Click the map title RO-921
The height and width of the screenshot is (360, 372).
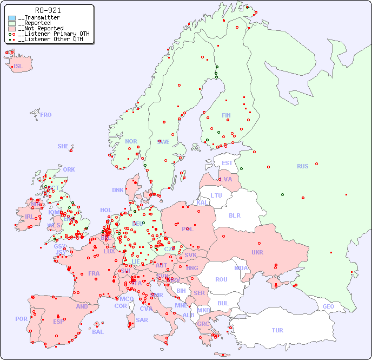point(48,10)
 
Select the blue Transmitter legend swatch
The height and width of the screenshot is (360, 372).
point(12,18)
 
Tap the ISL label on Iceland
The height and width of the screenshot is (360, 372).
point(18,67)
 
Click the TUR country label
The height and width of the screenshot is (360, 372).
point(277,330)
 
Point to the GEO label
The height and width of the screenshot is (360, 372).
point(328,306)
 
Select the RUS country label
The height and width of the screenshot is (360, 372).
point(302,166)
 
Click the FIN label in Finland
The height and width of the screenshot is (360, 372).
point(226,115)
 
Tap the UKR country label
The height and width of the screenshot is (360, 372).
point(257,252)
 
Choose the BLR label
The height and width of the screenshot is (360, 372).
point(235,215)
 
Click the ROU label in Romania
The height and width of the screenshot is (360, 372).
point(221,279)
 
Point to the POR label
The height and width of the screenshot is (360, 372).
point(21,319)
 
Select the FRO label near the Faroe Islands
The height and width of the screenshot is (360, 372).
point(46,115)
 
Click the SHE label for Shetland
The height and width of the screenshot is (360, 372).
point(63,146)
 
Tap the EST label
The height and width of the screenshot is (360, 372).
point(227,163)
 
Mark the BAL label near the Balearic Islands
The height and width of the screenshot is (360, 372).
point(98,332)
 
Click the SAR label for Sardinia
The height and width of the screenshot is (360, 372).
point(142,320)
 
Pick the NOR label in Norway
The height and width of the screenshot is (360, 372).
point(131,141)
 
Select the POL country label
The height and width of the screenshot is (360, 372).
point(187,229)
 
